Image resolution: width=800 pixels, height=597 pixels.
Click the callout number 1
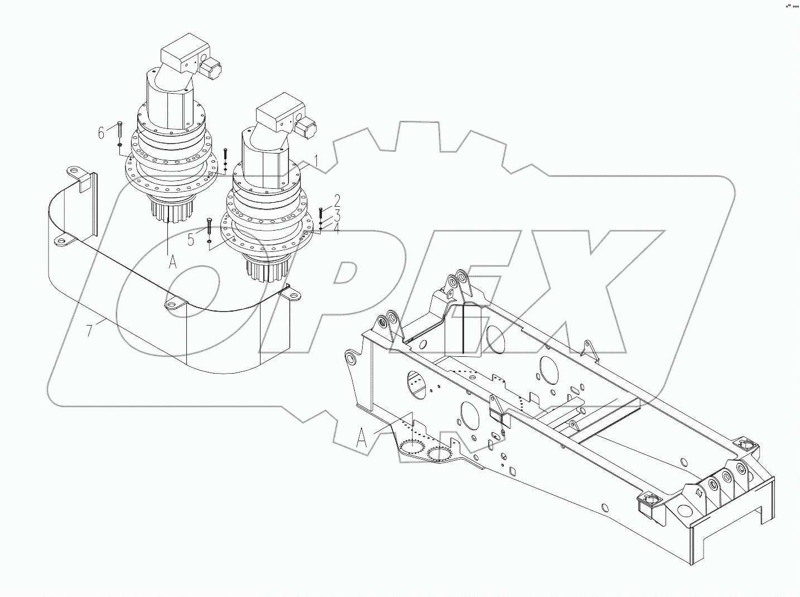(x=316, y=161)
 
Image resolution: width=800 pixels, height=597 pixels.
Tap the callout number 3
(x=337, y=215)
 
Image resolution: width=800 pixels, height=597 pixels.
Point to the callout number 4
(x=337, y=228)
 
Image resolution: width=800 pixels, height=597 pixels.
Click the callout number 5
(x=191, y=240)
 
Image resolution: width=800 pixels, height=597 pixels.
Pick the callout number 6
(x=101, y=133)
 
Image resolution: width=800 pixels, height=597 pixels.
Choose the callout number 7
(x=89, y=331)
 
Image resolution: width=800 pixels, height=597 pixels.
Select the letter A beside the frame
(x=362, y=439)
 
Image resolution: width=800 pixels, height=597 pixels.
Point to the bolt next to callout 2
(x=321, y=213)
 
